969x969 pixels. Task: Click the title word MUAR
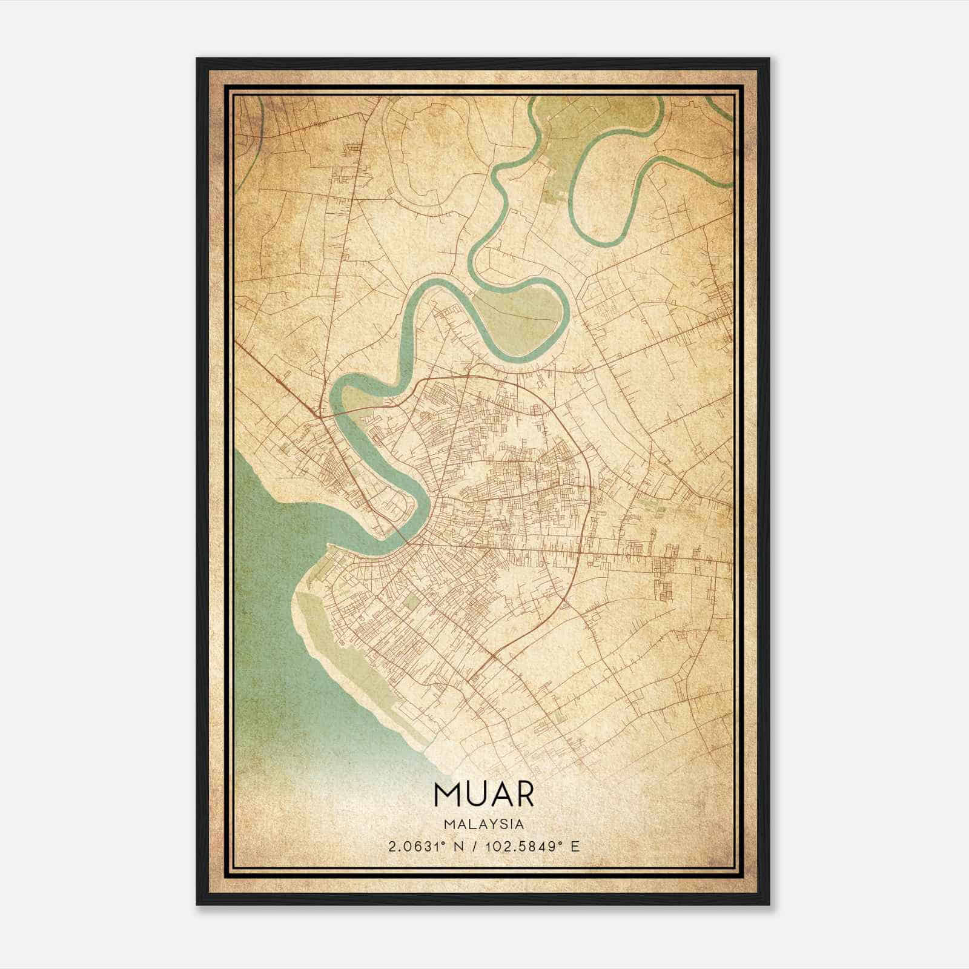coord(484,795)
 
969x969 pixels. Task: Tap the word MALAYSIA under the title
coord(484,824)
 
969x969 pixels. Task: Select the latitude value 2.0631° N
coord(427,846)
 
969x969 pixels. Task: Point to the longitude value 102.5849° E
coord(532,846)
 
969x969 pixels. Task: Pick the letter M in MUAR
coord(445,795)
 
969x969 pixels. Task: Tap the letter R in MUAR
coord(524,795)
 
